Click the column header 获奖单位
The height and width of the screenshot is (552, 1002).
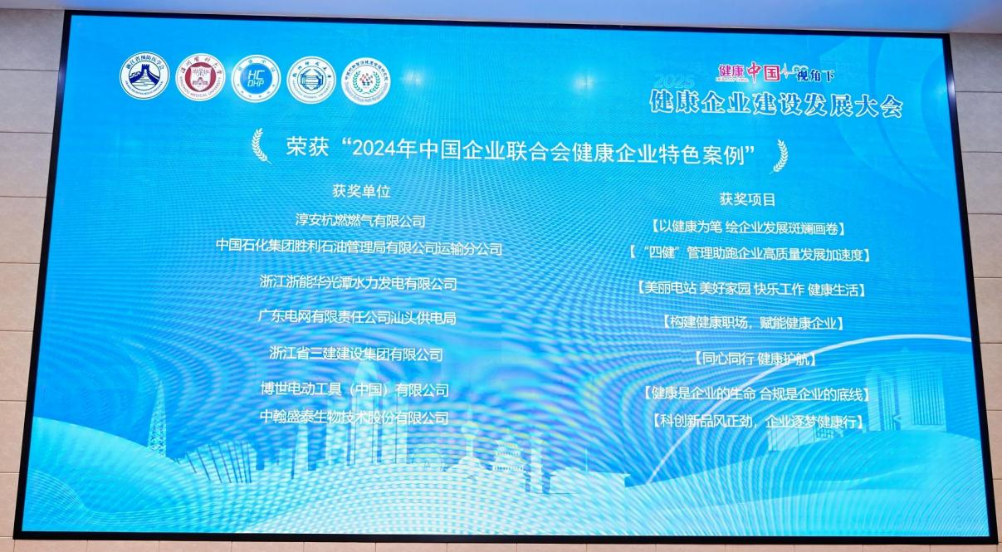tap(360, 191)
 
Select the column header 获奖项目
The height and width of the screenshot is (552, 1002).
tap(747, 199)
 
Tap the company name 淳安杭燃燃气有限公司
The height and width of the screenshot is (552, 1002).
tap(360, 221)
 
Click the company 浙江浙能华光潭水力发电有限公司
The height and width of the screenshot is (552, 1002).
tap(359, 283)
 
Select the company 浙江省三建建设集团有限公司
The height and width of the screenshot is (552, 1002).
tap(356, 354)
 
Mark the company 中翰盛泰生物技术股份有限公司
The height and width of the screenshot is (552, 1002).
tap(354, 418)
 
